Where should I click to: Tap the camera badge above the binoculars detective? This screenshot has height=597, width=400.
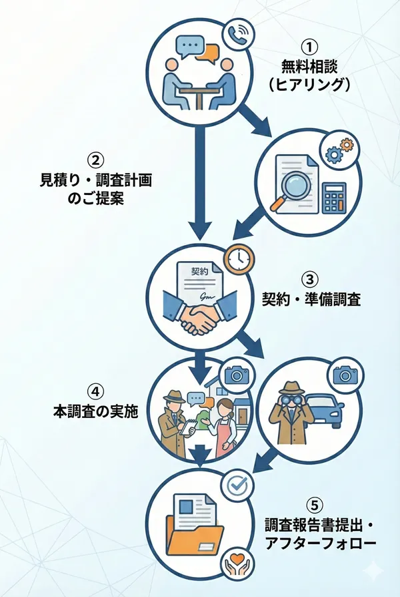tap(345, 375)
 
